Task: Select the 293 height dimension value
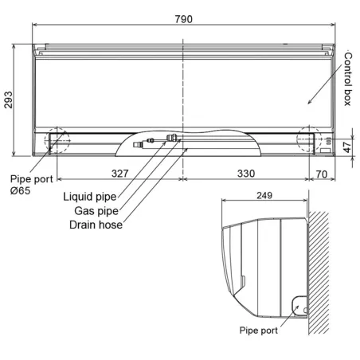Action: [x=10, y=97]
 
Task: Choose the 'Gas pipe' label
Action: [x=96, y=210]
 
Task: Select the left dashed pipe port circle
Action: [x=57, y=140]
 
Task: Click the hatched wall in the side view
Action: [x=323, y=271]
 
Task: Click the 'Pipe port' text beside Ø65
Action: [x=29, y=180]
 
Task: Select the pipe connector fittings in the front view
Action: [x=159, y=143]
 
